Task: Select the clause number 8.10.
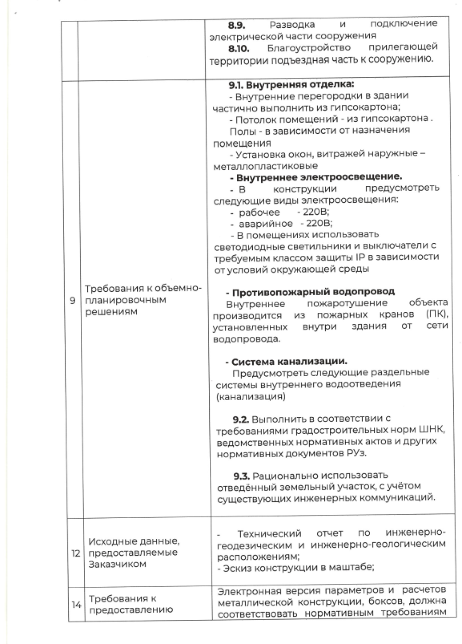pos(238,48)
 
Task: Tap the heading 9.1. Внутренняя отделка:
pos(291,85)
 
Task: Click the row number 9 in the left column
pos(73,301)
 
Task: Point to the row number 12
pos(76,553)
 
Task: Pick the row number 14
pos(76,605)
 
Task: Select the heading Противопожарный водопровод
pos(313,292)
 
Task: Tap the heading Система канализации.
pos(289,361)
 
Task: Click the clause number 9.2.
pos(241,419)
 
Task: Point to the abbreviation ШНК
pos(432,430)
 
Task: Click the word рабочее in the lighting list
pos(259,213)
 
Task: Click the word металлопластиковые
pos(265,166)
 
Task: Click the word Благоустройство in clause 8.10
pos(309,48)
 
